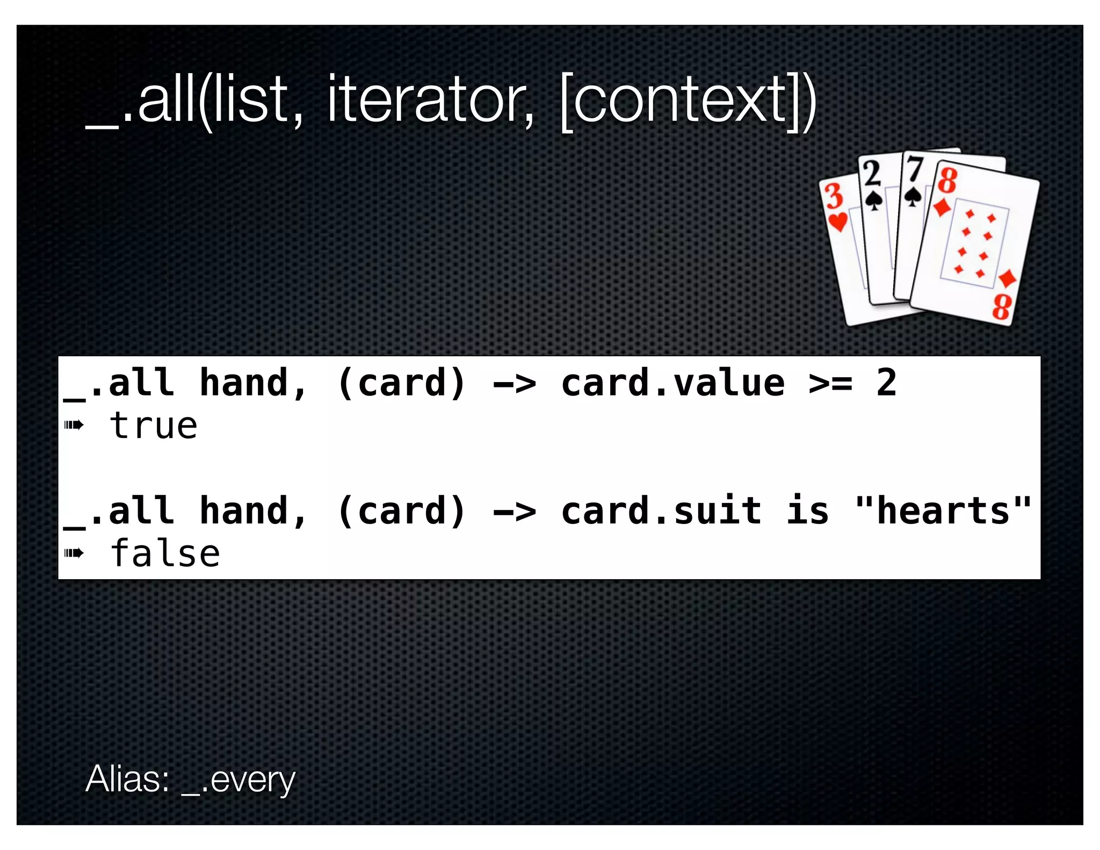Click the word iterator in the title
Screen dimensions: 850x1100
tap(430, 100)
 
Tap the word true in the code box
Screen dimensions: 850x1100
tap(154, 426)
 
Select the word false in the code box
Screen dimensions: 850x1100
tap(165, 554)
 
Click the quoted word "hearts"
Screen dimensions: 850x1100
tap(943, 510)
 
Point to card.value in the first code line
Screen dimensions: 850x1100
tap(672, 383)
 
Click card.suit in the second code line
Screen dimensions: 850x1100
tap(661, 510)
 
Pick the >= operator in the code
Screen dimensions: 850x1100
tap(830, 384)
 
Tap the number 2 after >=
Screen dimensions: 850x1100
tap(886, 383)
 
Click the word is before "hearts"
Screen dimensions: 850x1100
tap(808, 510)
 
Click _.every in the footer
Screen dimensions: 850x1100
tap(239, 780)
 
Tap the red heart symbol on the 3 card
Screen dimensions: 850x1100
tap(838, 221)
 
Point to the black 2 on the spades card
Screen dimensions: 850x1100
tap(872, 173)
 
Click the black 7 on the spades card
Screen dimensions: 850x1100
tap(914, 168)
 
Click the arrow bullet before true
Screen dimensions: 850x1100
tap(74, 426)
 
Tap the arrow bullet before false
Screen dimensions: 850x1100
tap(74, 553)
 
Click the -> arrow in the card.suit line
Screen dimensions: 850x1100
tap(514, 511)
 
